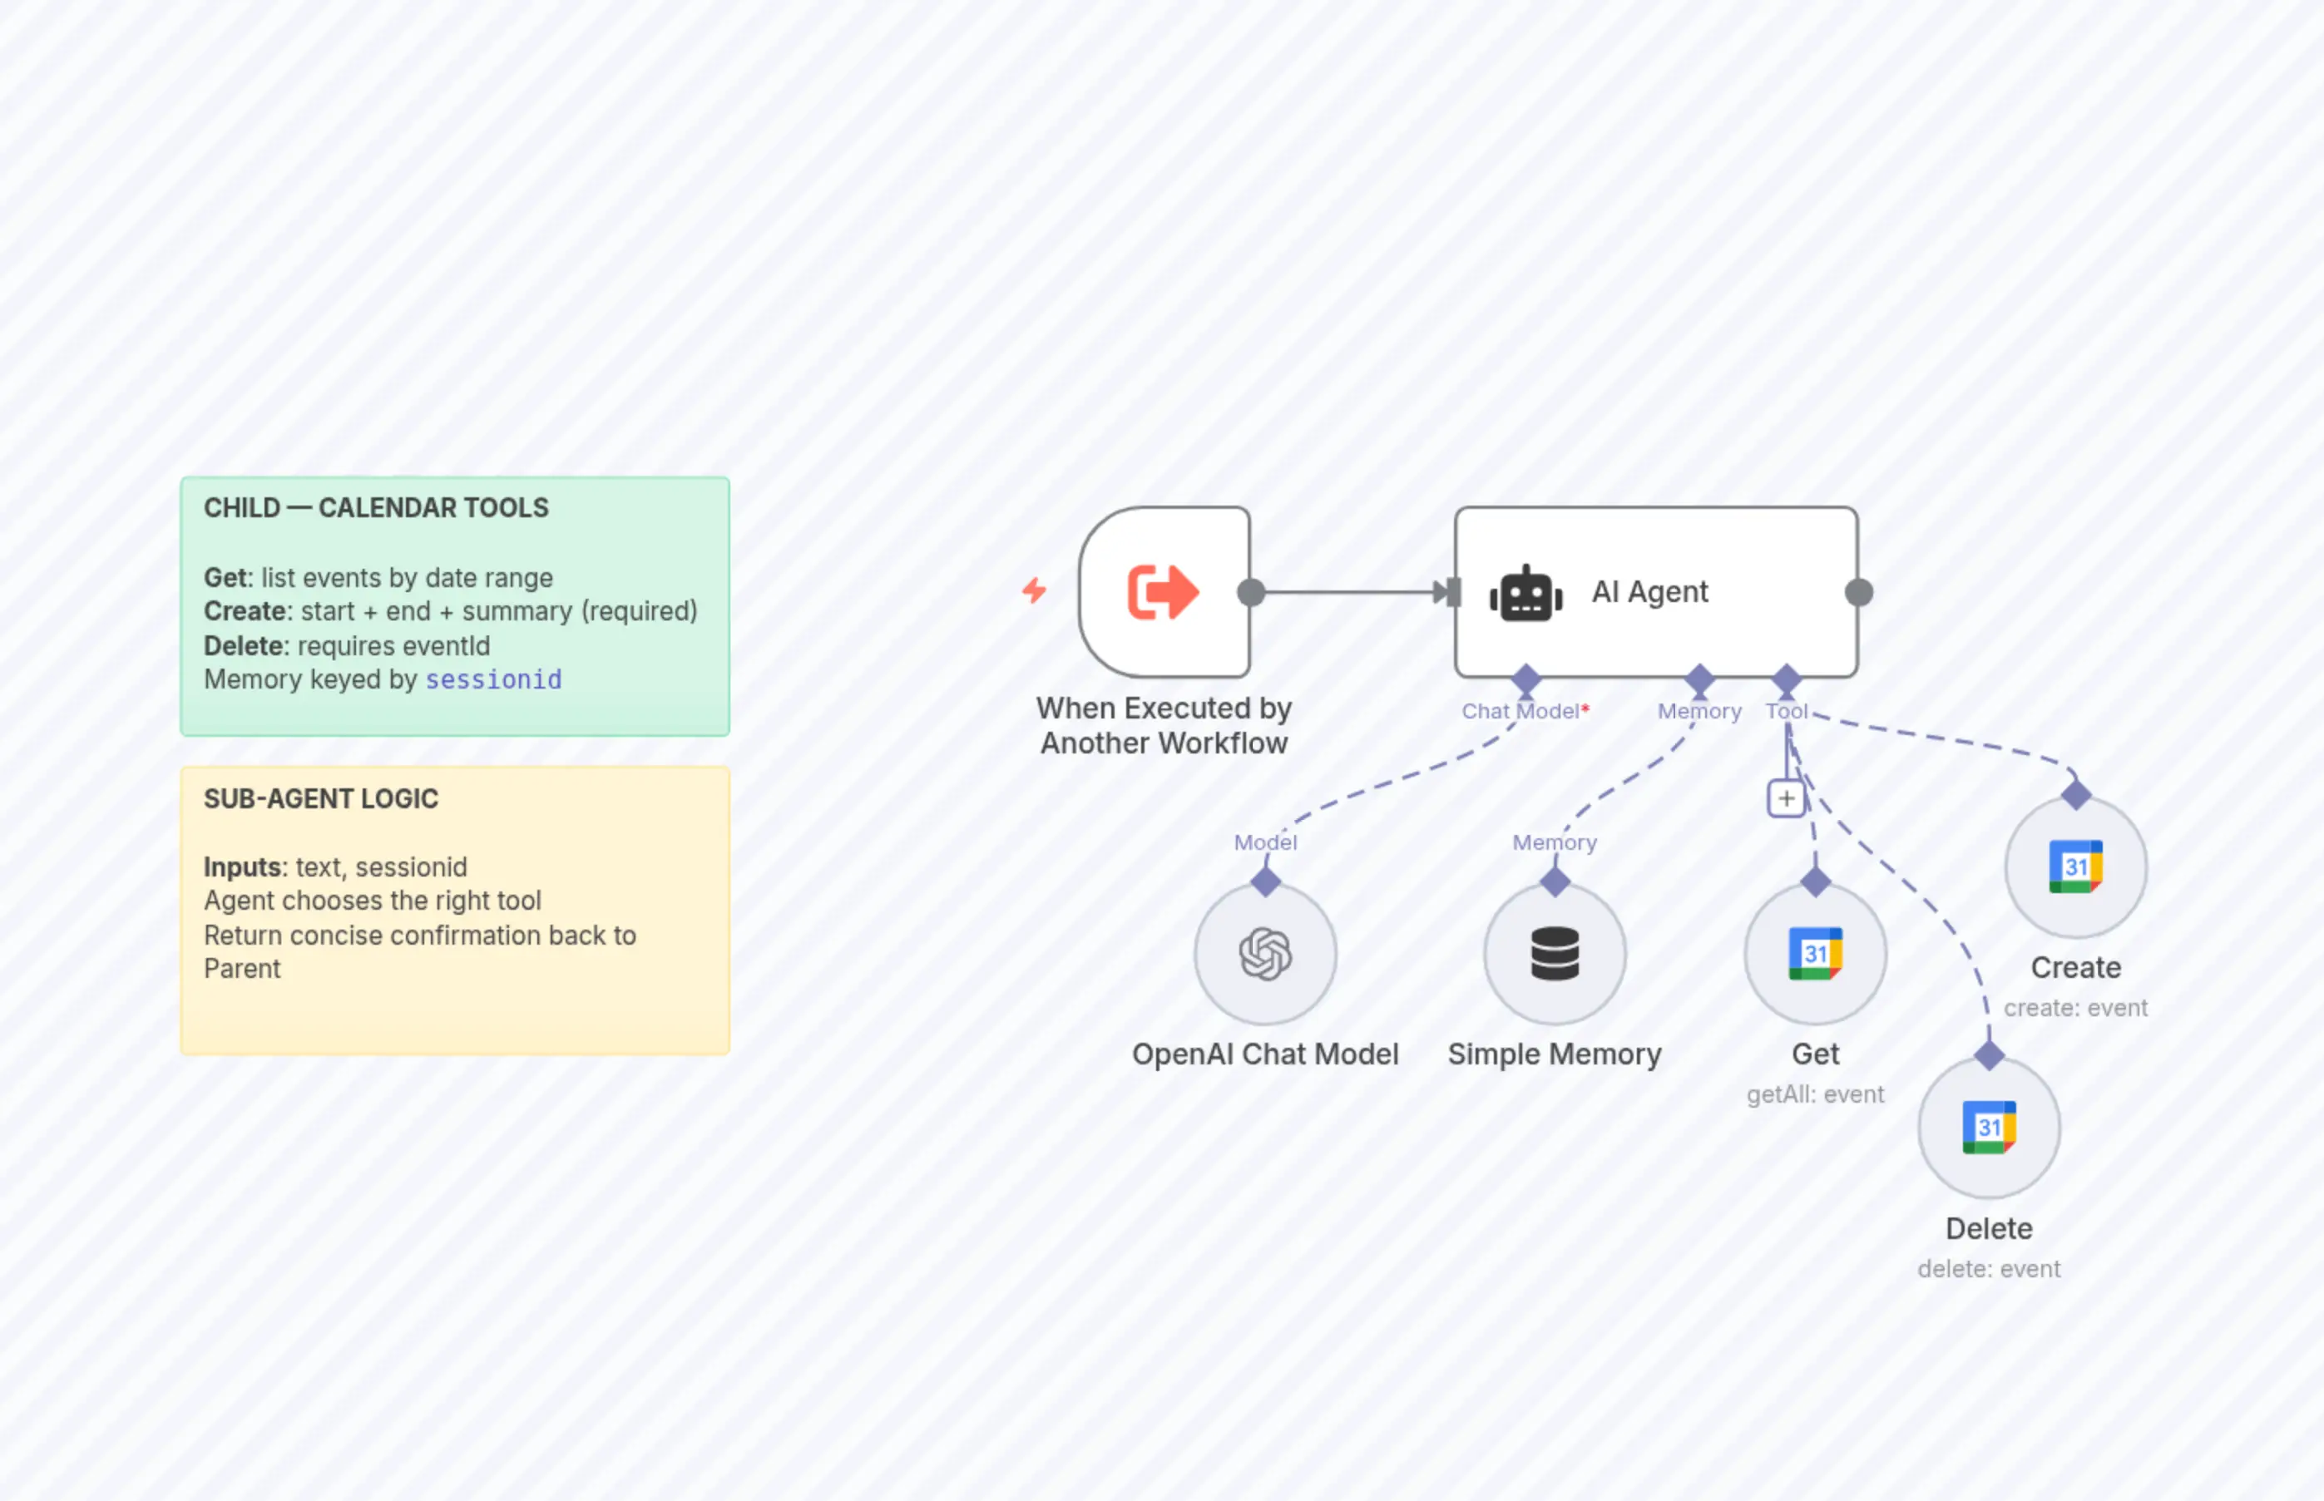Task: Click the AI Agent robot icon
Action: coord(1525,593)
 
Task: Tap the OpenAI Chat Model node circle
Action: coord(1265,953)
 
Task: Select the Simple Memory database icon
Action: coord(1555,953)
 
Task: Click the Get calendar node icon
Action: coord(1815,953)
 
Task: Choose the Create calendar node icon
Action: coord(2075,867)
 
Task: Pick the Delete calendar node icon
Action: coord(1989,1128)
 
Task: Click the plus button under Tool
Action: coord(1786,799)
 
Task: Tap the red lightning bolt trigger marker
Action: coord(1034,590)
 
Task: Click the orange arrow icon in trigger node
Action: coord(1163,591)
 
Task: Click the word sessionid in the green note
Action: coord(493,679)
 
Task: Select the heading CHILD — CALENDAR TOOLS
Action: coord(376,508)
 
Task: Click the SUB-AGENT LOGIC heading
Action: coord(321,798)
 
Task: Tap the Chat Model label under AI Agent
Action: coord(1520,712)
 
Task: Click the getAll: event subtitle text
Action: coord(1815,1094)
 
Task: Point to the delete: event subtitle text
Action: coord(1989,1269)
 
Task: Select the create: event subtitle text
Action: coord(2075,1008)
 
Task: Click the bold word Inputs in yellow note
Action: coord(244,867)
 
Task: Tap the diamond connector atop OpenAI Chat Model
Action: coord(1265,882)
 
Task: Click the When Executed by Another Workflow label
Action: coord(1164,725)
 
